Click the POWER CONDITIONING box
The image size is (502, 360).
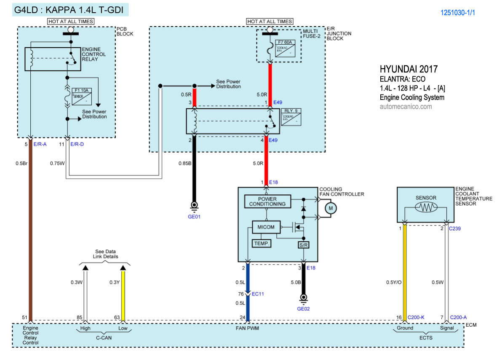(267, 201)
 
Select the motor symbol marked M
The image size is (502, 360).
(331, 207)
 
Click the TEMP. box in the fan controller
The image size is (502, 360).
(262, 244)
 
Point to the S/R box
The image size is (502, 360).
(303, 244)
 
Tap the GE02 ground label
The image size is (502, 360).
(303, 308)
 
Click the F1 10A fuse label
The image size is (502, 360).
(81, 90)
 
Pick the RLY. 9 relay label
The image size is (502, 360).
(290, 111)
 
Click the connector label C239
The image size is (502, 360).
(456, 228)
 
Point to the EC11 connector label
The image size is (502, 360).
(257, 294)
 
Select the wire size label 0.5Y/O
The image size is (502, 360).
(395, 282)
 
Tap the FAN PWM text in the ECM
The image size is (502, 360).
(247, 328)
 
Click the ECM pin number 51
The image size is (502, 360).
(25, 317)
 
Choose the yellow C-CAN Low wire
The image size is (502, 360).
(123, 295)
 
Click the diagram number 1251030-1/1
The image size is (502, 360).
(458, 13)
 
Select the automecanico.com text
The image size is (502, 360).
(406, 107)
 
